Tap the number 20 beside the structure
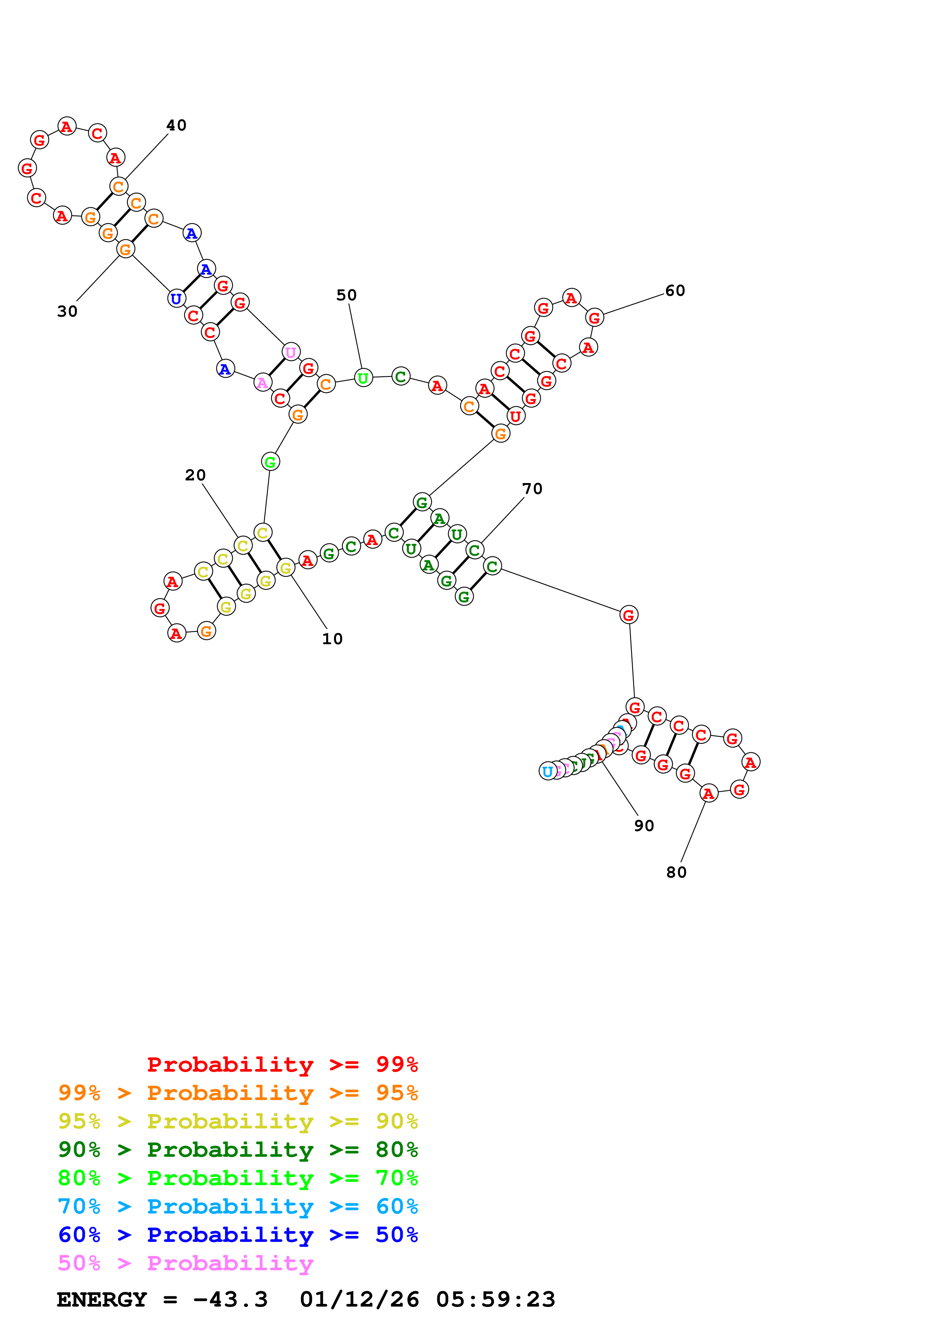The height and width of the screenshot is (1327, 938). (x=195, y=475)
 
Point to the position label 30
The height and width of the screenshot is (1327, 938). (x=67, y=312)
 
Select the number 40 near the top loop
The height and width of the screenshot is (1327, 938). (x=176, y=126)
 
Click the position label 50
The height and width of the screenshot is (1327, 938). (x=346, y=295)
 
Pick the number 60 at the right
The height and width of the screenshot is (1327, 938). (x=674, y=291)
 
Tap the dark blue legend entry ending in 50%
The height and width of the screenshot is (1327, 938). (x=238, y=1235)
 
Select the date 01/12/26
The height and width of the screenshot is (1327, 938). (x=359, y=1299)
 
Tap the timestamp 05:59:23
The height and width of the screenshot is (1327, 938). (x=495, y=1299)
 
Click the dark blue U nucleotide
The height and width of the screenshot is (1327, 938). (x=176, y=299)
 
